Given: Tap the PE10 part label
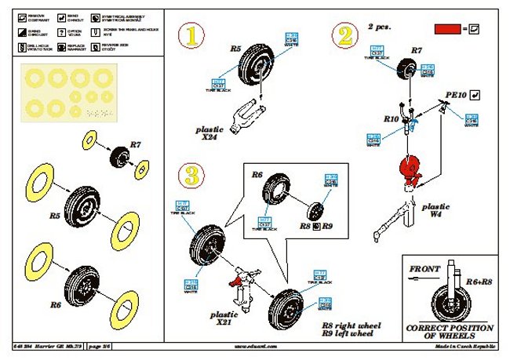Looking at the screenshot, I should click(x=456, y=94).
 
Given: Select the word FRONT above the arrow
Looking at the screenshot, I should click(x=424, y=269).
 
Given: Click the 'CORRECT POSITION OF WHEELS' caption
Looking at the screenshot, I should click(x=450, y=332).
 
